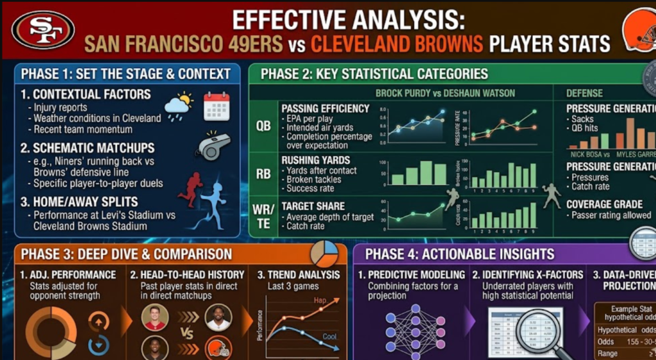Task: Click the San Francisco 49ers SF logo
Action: point(43,29)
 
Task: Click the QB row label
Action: point(263,126)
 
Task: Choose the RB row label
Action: point(263,175)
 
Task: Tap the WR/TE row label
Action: point(263,216)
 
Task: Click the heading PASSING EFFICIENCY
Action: point(325,108)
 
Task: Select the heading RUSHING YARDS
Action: point(316,160)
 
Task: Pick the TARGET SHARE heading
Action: point(313,206)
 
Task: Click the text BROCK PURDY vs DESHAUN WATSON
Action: point(445,93)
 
